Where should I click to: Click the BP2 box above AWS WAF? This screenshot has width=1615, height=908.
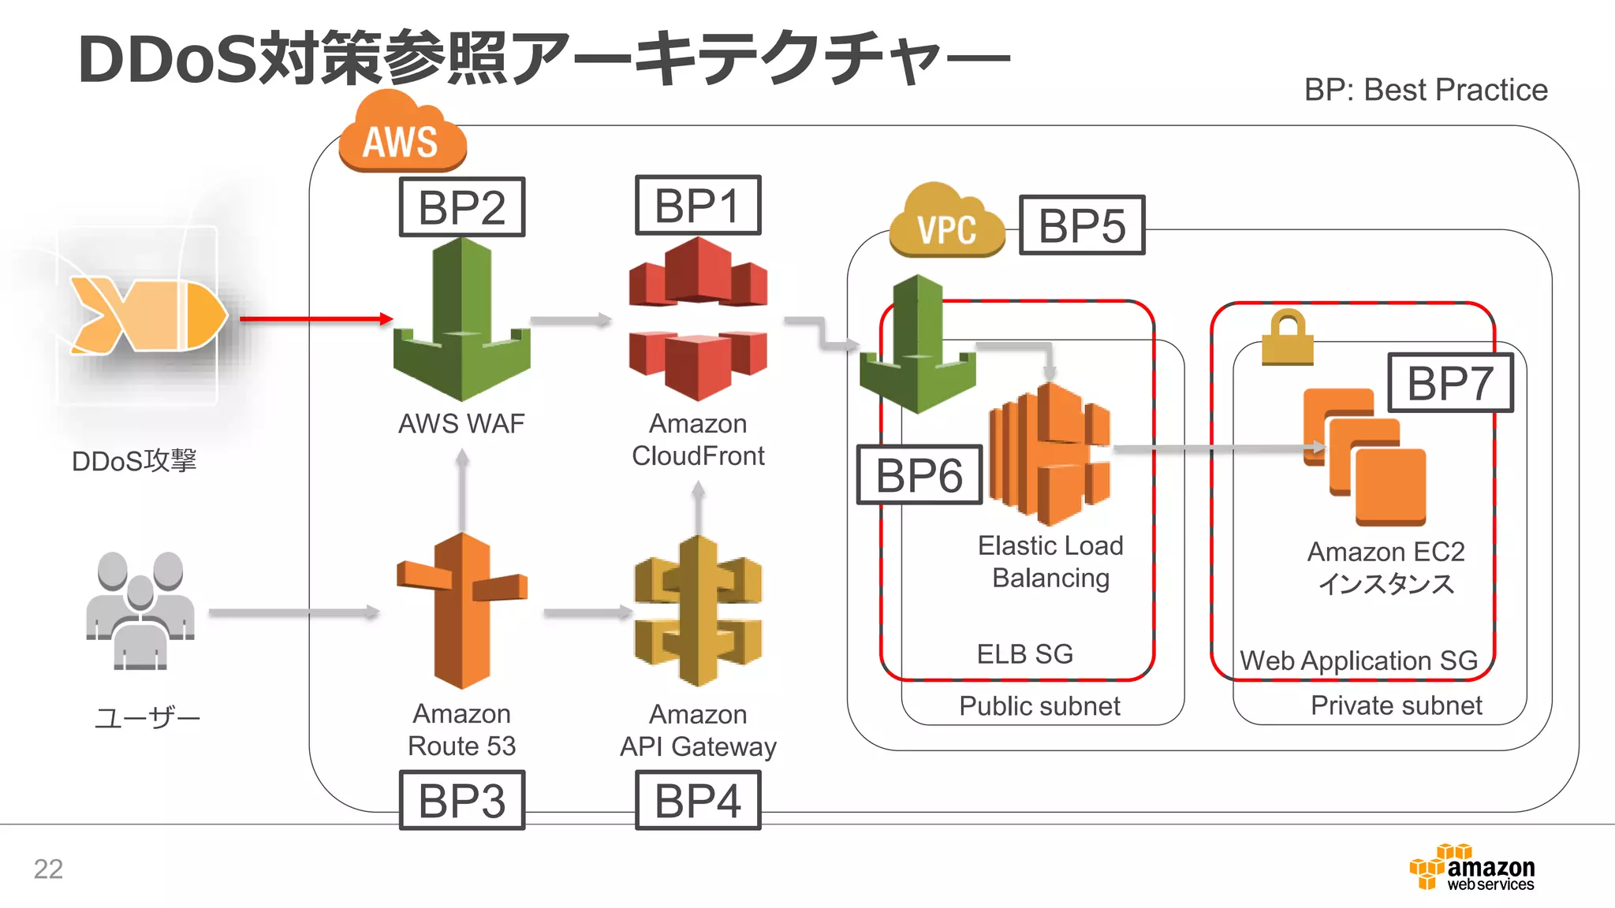[462, 207]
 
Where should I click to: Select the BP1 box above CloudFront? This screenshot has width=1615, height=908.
[698, 206]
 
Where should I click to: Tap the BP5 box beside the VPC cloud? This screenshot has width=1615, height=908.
[1082, 225]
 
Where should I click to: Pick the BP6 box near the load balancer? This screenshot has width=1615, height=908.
[919, 474]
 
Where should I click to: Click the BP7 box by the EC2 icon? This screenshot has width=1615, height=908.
[1450, 383]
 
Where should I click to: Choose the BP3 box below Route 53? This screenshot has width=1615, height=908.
[462, 801]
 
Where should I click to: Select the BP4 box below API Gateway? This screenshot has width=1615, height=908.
[698, 801]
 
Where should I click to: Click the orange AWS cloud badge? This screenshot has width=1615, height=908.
[401, 134]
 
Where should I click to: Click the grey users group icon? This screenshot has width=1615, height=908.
[140, 611]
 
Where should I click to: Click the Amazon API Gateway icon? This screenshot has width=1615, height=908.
[698, 611]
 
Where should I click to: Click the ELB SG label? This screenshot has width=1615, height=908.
[1024, 654]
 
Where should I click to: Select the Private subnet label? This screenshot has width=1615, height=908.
[1396, 705]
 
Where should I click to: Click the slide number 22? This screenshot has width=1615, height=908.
[48, 869]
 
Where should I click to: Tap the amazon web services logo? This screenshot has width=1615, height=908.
[1472, 868]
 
